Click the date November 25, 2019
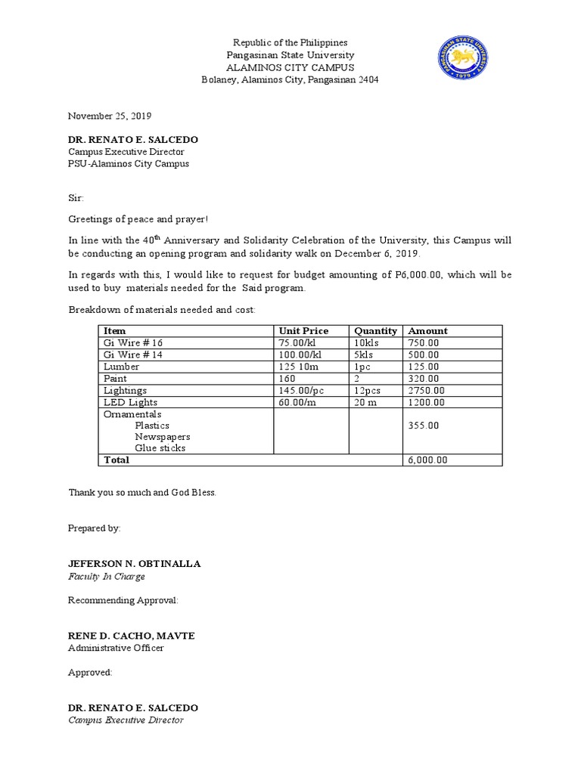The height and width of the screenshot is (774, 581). click(110, 116)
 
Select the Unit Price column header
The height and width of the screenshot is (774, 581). click(303, 330)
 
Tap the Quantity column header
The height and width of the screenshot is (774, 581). click(375, 330)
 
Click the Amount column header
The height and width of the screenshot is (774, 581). click(427, 330)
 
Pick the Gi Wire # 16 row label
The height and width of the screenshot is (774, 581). click(133, 342)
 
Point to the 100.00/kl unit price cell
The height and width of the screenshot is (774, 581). click(300, 354)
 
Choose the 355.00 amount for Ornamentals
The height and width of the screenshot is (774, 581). click(422, 426)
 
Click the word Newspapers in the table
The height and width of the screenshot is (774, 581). click(162, 437)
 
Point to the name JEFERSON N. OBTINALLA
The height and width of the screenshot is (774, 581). click(135, 564)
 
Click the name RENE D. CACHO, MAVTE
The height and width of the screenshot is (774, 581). click(131, 636)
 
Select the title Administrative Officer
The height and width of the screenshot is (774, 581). click(116, 648)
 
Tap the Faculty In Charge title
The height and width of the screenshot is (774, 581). click(106, 576)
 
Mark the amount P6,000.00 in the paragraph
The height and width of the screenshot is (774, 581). click(421, 276)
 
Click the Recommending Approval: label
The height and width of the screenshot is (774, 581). click(123, 600)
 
